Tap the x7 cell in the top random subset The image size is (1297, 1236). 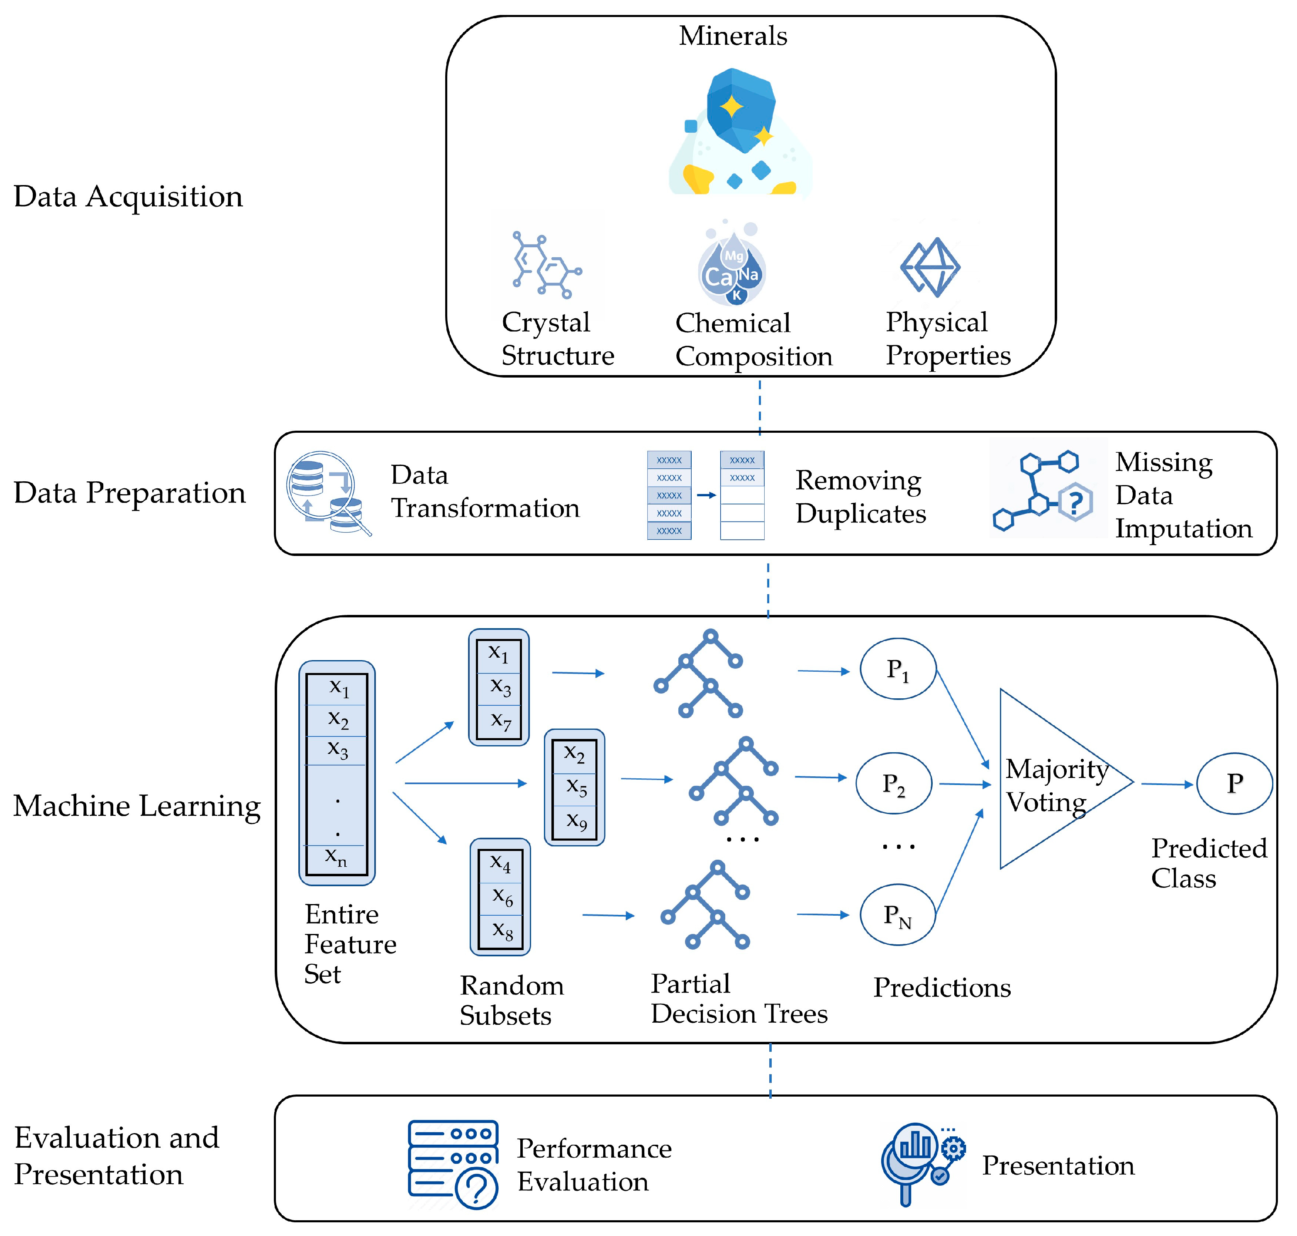point(499,722)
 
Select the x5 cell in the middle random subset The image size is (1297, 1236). point(575,787)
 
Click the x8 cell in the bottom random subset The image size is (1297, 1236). point(501,930)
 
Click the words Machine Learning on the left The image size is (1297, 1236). point(137,806)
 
